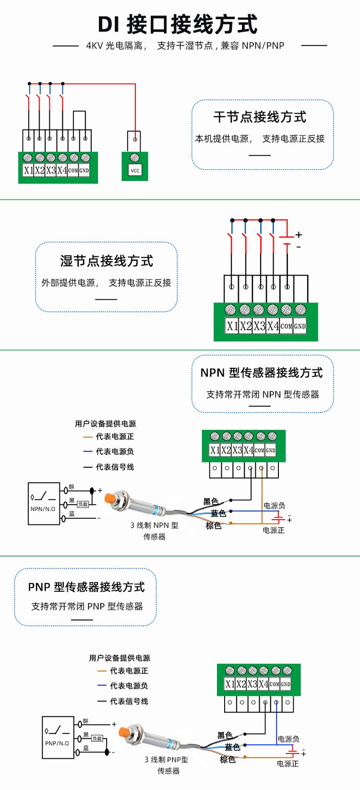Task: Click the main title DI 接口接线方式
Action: pos(178,24)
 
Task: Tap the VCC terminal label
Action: pos(135,170)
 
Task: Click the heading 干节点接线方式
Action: pos(260,117)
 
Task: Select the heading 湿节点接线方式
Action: pos(107,261)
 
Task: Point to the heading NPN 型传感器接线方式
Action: pos(262,373)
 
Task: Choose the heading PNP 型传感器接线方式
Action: pos(86,587)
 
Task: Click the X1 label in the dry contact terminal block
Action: pos(28,170)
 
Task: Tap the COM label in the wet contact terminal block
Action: pos(286,326)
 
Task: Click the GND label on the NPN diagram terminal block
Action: pos(271,450)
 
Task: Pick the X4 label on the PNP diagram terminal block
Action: pos(263,684)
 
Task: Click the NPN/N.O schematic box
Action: pos(44,503)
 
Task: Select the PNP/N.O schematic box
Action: pos(58,738)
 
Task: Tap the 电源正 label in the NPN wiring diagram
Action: pos(274,530)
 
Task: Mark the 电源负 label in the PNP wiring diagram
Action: pos(288,739)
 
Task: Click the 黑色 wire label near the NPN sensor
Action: pos(210,501)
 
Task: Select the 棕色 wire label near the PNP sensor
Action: pos(228,759)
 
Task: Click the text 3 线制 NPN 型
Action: pos(154,525)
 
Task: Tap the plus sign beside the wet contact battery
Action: pos(299,235)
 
